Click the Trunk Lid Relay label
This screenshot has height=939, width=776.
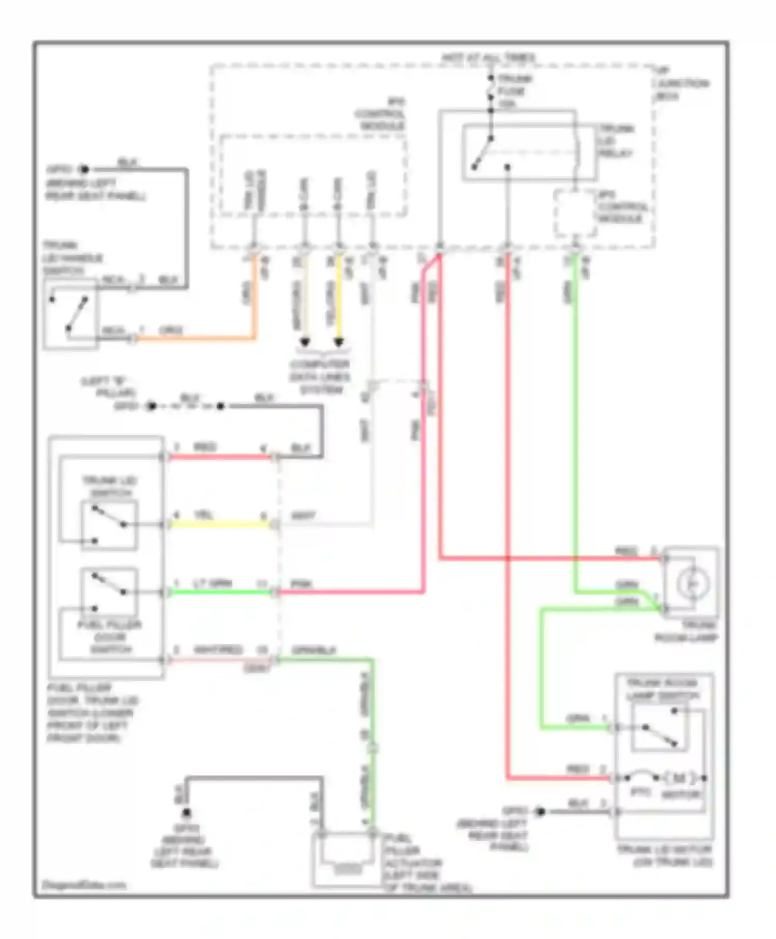point(616,141)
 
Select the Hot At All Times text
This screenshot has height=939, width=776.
point(488,58)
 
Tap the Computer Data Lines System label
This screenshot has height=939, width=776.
point(320,377)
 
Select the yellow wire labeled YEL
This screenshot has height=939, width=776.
point(220,524)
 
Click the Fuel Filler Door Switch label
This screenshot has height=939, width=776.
point(110,637)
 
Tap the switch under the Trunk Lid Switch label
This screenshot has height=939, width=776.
point(109,524)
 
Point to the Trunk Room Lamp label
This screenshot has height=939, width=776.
point(687,632)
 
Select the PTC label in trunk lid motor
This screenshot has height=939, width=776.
point(640,793)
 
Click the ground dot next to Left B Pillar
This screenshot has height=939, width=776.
point(151,406)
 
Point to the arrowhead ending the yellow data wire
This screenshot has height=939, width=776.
point(339,343)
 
